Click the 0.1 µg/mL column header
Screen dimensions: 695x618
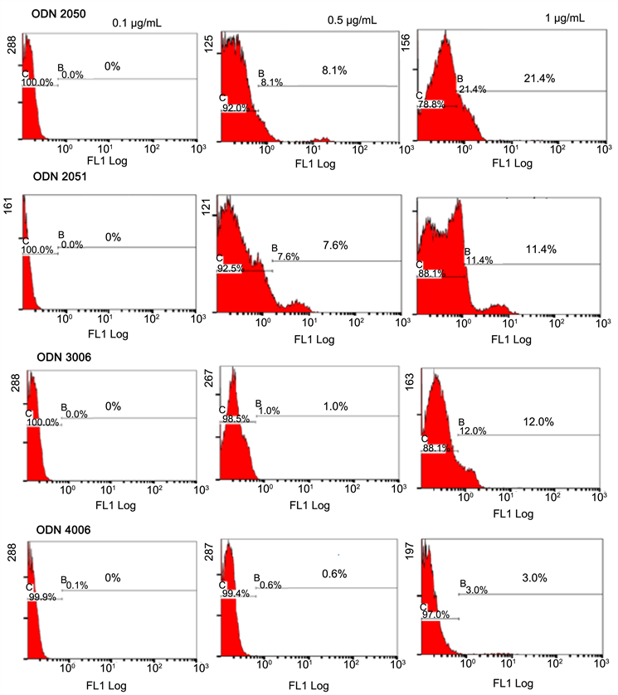(x=137, y=23)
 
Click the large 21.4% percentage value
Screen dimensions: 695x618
(x=539, y=78)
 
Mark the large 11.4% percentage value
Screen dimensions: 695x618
(x=539, y=249)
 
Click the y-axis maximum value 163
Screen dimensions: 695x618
(x=406, y=380)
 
